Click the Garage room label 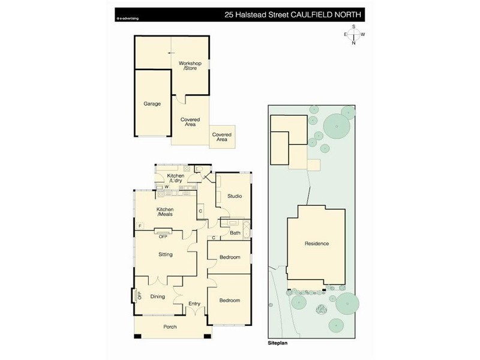tap(152, 104)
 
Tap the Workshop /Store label tap(190, 66)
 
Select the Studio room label tap(235, 196)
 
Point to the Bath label tap(235, 233)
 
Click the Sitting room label tap(166, 254)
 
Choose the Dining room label tap(158, 296)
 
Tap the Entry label tap(194, 304)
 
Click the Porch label tap(170, 327)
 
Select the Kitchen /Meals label tap(165, 212)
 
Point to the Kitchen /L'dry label tap(176, 178)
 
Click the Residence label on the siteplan tap(317, 244)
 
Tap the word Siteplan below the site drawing tap(278, 343)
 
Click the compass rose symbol tap(354, 34)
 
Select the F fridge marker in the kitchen tap(140, 226)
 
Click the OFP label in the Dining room tap(140, 296)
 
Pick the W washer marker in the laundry tap(167, 187)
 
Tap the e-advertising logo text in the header tap(128, 19)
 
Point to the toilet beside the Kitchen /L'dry tap(199, 169)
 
